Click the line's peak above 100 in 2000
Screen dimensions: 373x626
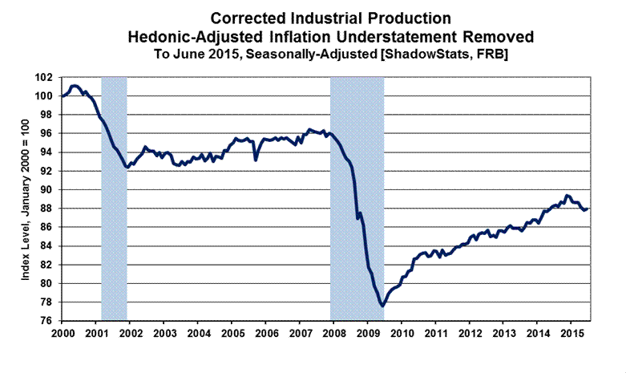coord(75,85)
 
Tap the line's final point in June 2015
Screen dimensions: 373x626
coord(588,209)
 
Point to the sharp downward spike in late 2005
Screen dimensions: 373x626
coord(256,160)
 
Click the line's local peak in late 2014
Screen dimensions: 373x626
coord(567,195)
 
